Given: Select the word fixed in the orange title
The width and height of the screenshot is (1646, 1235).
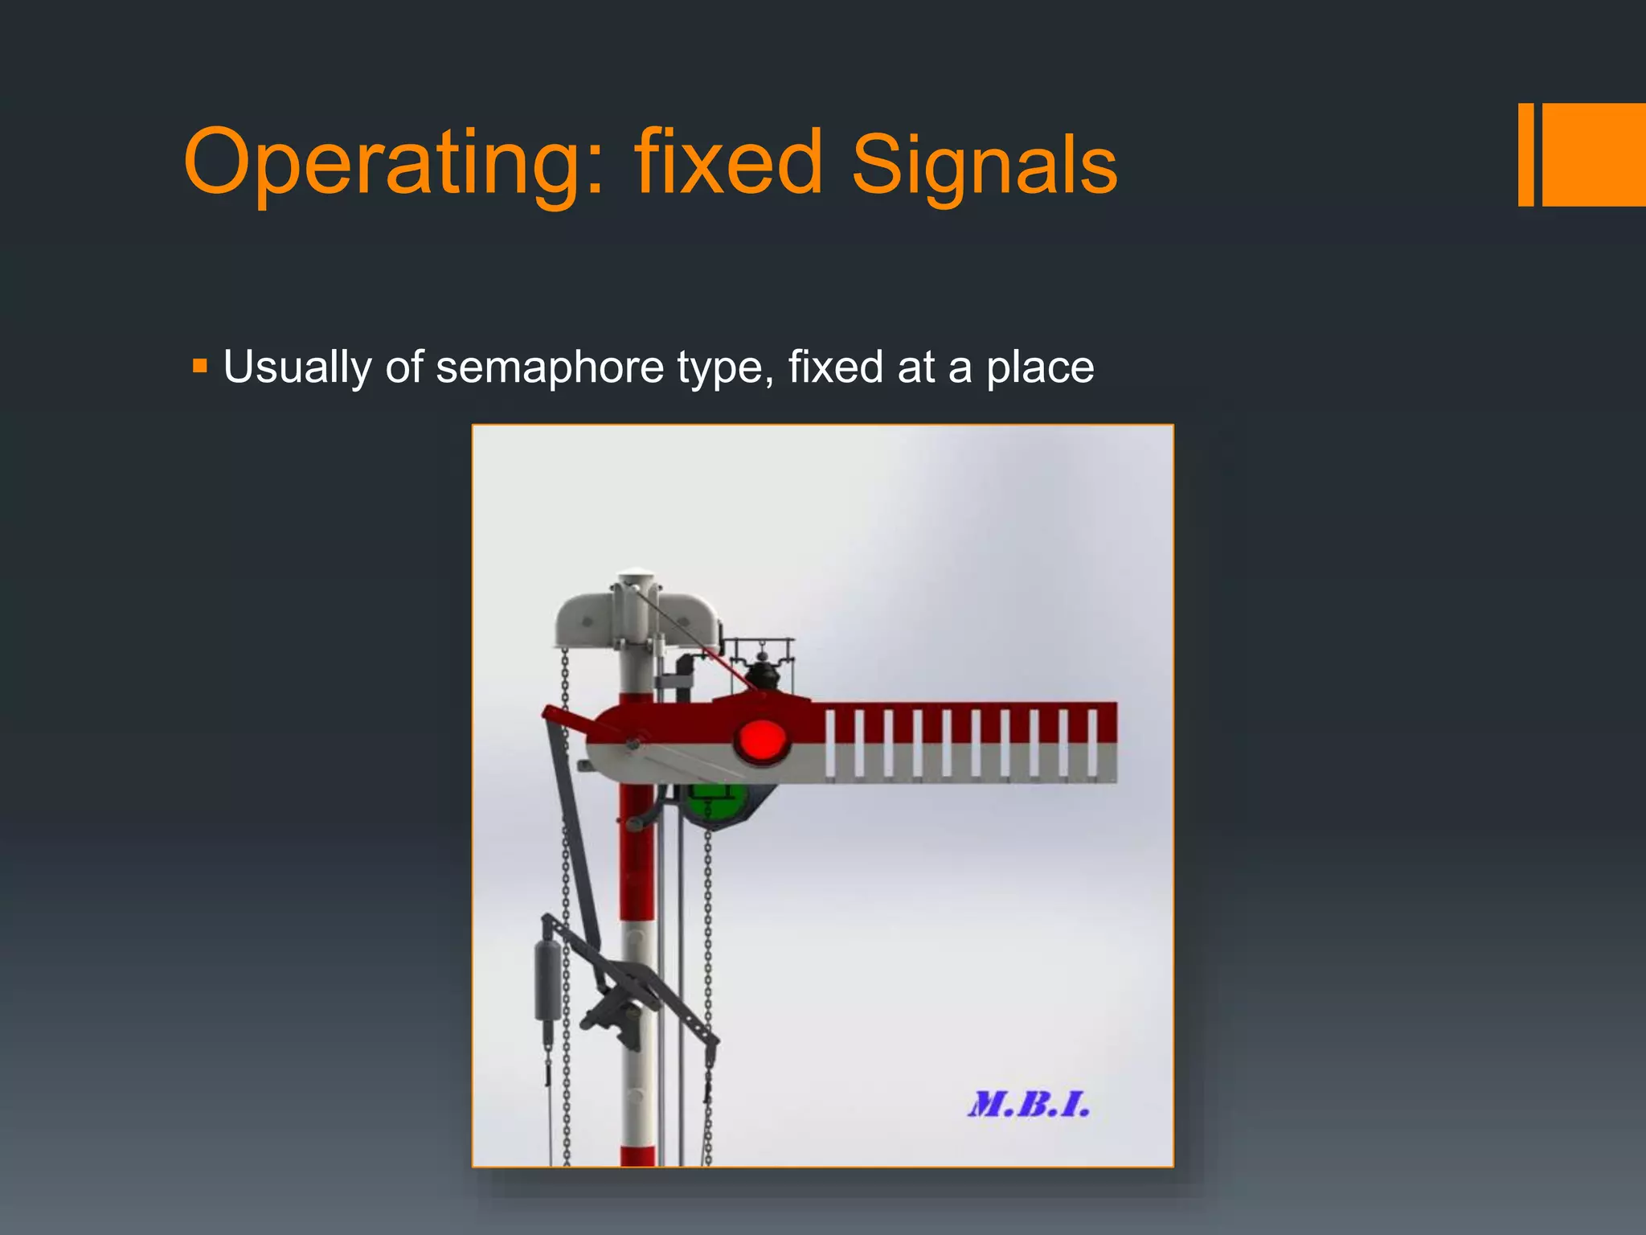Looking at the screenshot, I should (728, 162).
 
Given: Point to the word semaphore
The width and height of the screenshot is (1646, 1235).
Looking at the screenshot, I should (549, 367).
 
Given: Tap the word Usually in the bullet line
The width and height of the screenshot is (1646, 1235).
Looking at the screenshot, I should (297, 367).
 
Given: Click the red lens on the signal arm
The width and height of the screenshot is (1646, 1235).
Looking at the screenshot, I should (760, 741).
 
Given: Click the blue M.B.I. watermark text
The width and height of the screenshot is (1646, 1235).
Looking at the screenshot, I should (1029, 1105).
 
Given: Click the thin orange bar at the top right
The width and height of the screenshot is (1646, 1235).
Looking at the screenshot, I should (1525, 154).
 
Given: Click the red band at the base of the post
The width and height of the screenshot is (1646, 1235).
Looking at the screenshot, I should (637, 1156).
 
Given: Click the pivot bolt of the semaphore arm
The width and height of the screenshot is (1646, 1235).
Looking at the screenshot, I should (633, 743).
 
